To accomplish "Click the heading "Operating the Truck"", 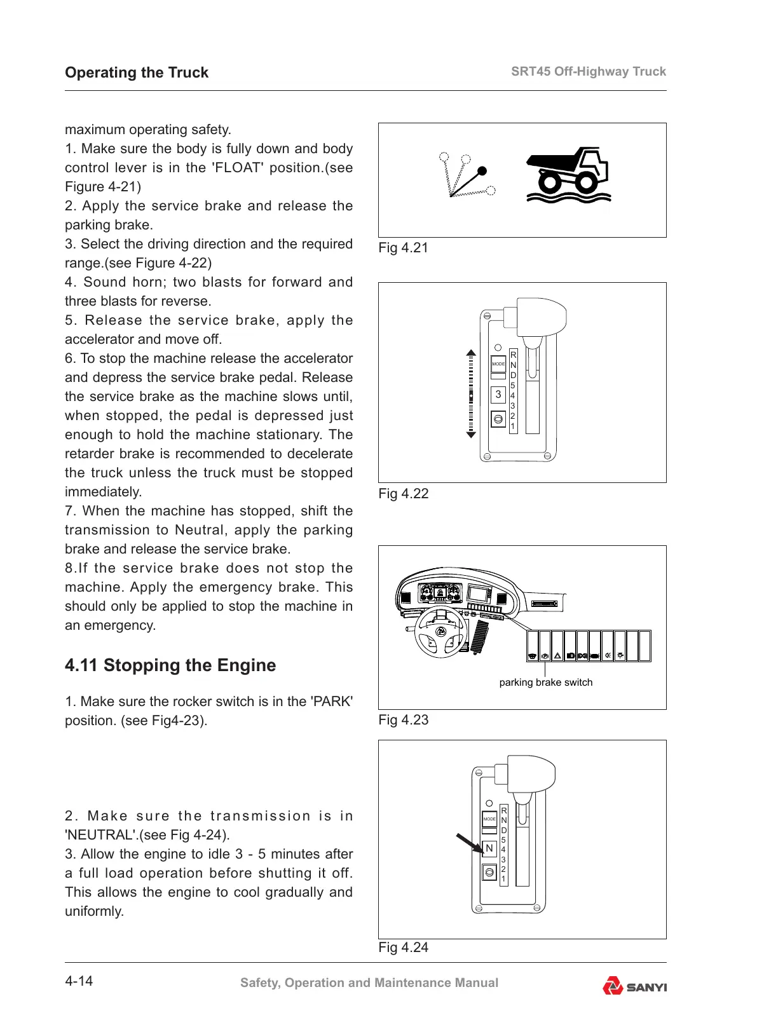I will click(136, 72).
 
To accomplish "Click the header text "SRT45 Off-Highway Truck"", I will click(588, 71).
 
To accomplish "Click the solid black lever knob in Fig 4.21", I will click(482, 171).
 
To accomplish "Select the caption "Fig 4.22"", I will click(403, 494).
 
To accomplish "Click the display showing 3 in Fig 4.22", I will click(498, 395).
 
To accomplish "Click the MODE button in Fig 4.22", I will click(498, 364).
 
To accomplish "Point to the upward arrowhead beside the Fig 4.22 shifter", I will click(471, 352).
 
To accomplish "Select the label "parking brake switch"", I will click(545, 683).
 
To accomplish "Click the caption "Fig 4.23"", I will click(403, 720).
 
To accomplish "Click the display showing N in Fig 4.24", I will click(489, 848).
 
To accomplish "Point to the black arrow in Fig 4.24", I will click(470, 843).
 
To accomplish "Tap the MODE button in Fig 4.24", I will click(489, 819).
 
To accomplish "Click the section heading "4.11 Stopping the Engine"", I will click(170, 665).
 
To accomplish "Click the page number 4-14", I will click(79, 981).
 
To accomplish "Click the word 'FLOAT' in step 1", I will click(237, 168).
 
